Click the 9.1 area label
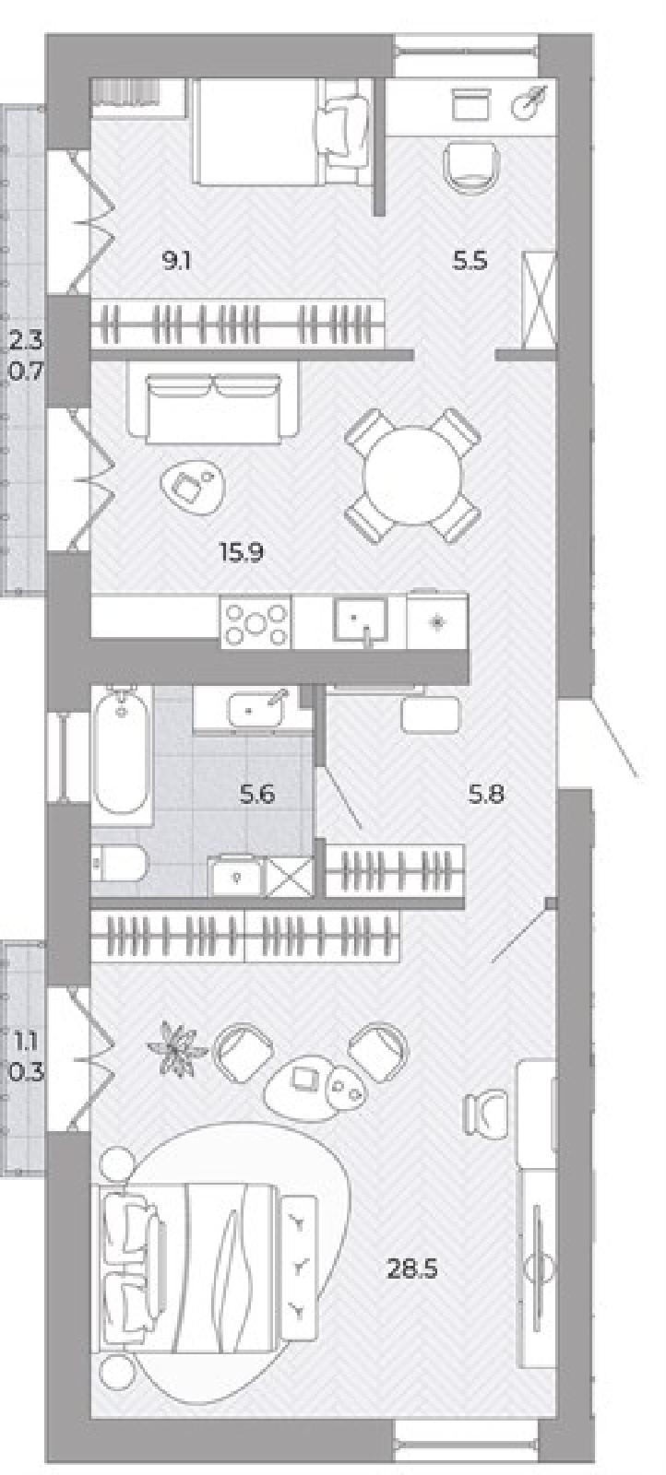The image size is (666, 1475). tap(176, 262)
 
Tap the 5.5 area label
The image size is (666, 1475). tap(469, 262)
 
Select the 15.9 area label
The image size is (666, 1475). tap(242, 552)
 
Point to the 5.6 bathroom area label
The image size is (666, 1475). tap(257, 796)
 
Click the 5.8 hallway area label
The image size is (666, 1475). tap(486, 795)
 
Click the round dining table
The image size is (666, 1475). tap(413, 475)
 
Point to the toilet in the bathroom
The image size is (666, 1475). tap(119, 864)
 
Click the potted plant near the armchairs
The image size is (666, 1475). tap(174, 1048)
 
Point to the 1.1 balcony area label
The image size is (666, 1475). tap(27, 1042)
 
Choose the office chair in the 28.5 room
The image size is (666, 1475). tap(487, 1115)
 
